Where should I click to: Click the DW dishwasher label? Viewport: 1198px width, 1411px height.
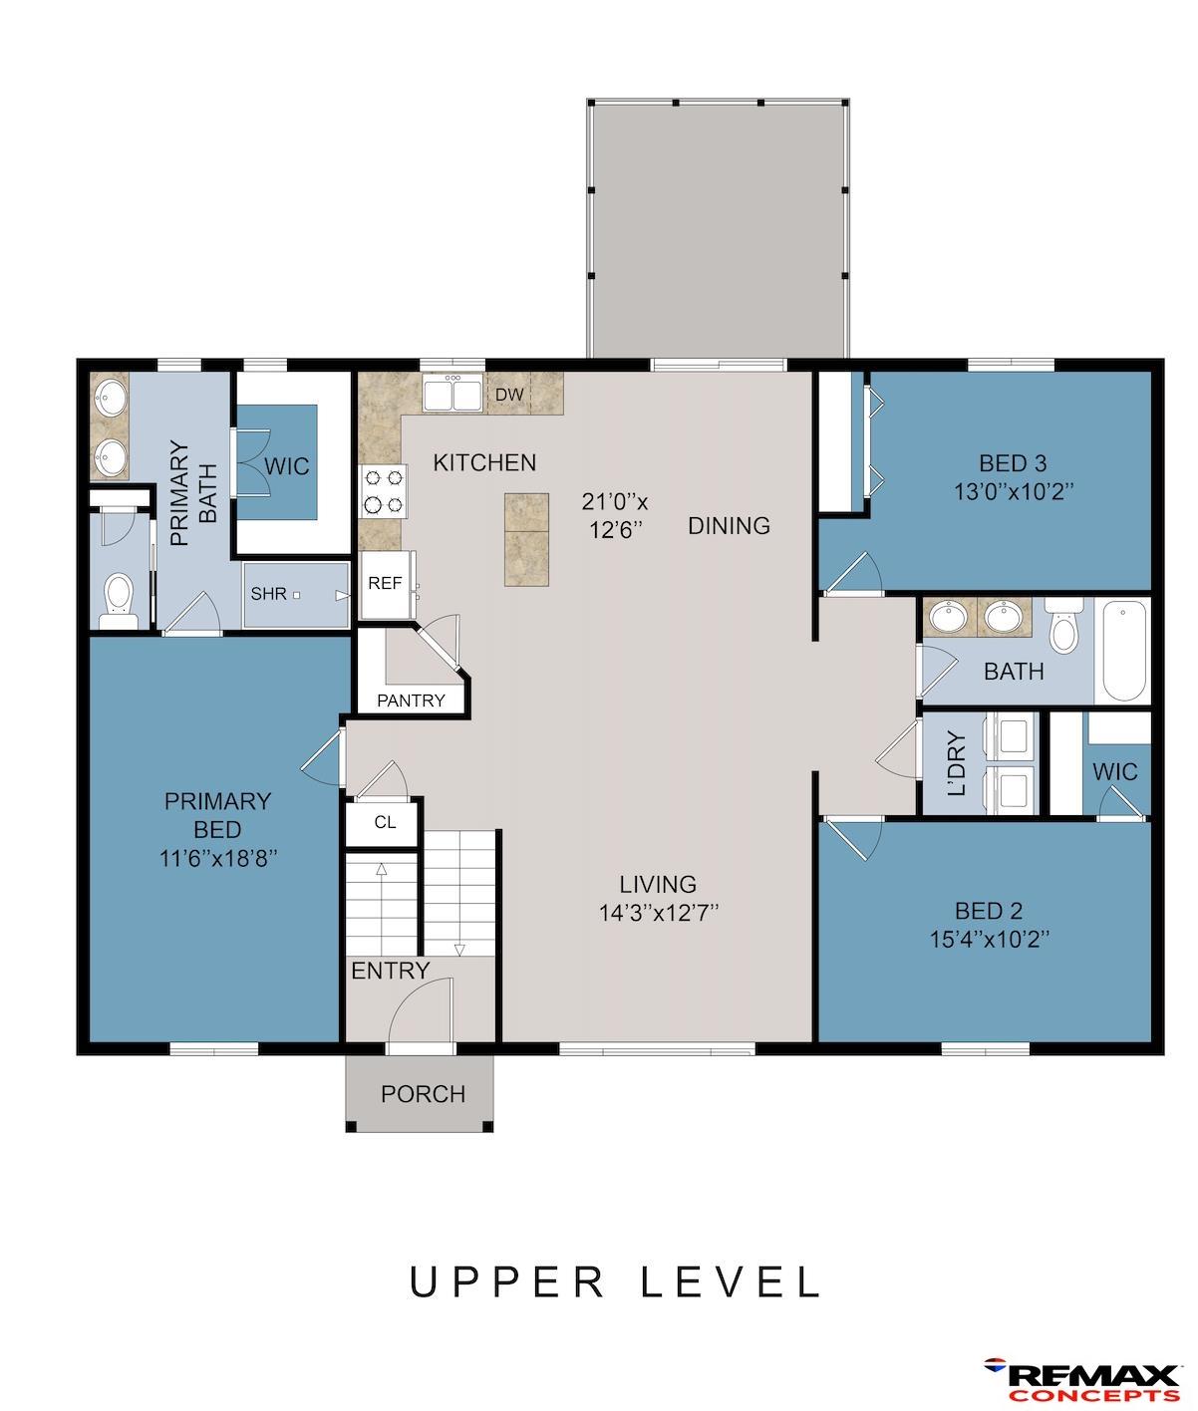pos(509,394)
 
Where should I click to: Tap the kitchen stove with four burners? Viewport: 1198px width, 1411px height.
pos(383,491)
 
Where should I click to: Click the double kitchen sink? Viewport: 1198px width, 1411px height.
pos(451,394)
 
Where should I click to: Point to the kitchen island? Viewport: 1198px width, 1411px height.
pos(526,539)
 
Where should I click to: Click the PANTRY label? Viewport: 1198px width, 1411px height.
pos(411,701)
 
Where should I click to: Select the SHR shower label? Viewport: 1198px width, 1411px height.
pos(268,594)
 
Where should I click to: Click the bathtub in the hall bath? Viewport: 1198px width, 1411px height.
pos(1122,651)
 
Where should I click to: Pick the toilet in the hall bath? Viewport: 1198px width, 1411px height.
pos(1063,626)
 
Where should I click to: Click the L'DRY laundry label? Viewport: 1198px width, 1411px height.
pos(957,763)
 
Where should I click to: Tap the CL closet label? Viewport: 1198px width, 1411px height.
pos(385,822)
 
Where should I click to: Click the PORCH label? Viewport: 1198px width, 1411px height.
pos(424,1094)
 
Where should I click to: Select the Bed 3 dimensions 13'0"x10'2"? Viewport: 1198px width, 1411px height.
pos(1013,491)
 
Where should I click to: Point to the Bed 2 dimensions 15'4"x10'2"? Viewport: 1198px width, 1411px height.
pos(989,940)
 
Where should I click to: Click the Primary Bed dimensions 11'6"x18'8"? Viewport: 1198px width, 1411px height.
pos(218,858)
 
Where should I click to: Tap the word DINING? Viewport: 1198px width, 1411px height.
pos(729,525)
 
